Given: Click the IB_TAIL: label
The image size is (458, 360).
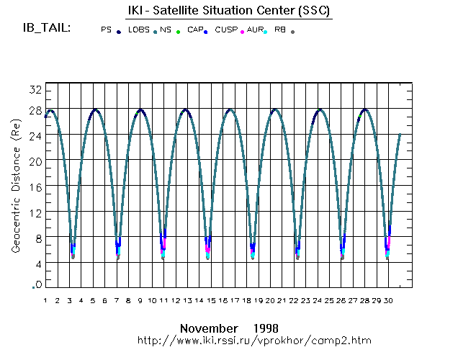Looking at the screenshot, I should point(47,28).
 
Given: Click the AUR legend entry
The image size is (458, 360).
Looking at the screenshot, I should point(254,30).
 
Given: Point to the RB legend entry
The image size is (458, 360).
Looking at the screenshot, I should point(280,30).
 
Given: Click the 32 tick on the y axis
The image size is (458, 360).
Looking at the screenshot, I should point(35,89).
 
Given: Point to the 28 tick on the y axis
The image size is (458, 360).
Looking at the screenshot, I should point(35,109).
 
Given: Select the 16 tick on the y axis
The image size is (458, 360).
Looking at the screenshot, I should point(35,186).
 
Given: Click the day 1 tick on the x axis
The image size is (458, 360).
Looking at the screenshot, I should point(45,300).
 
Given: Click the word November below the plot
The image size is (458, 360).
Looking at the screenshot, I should point(209,328).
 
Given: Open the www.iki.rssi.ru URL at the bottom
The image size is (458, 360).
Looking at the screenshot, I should point(253,339).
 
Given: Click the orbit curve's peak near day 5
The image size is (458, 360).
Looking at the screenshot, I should point(95,109).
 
